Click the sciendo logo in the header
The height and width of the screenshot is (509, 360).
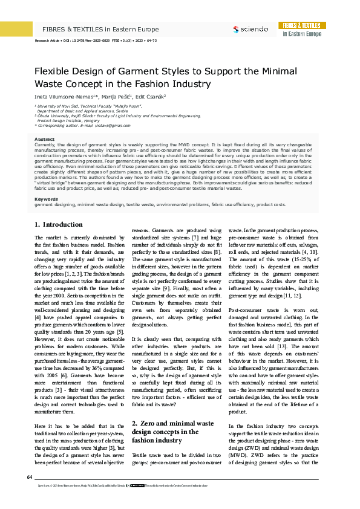point(250,28)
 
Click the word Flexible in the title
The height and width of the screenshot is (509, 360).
point(51,72)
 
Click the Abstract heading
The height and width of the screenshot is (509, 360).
point(44,123)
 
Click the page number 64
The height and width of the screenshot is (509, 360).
point(30,478)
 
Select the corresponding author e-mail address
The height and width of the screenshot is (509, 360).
point(109,125)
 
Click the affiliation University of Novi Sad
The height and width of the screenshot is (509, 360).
point(54,105)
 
